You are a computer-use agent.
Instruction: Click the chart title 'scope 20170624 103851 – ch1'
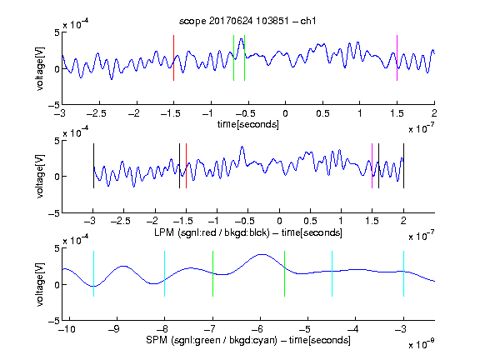247,21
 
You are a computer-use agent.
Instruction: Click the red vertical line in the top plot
173,57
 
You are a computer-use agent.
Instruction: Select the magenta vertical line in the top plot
397,57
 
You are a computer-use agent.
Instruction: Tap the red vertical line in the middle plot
186,166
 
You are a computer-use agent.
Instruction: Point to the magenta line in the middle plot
372,166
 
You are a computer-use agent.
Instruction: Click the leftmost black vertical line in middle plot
93,166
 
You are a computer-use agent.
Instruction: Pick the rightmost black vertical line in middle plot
403,166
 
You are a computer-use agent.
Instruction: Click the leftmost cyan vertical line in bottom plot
93,273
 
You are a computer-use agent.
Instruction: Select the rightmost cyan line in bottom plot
403,273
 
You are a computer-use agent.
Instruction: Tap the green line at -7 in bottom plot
212,273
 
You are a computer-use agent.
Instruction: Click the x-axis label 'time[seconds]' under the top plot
248,124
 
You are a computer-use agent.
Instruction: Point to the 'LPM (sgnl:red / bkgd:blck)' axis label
212,232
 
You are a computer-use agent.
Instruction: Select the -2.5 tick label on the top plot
97,113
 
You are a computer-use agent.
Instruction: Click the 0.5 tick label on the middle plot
310,221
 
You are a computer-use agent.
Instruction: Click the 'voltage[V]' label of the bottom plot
40,284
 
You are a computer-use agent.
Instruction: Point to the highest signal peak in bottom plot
261,255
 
